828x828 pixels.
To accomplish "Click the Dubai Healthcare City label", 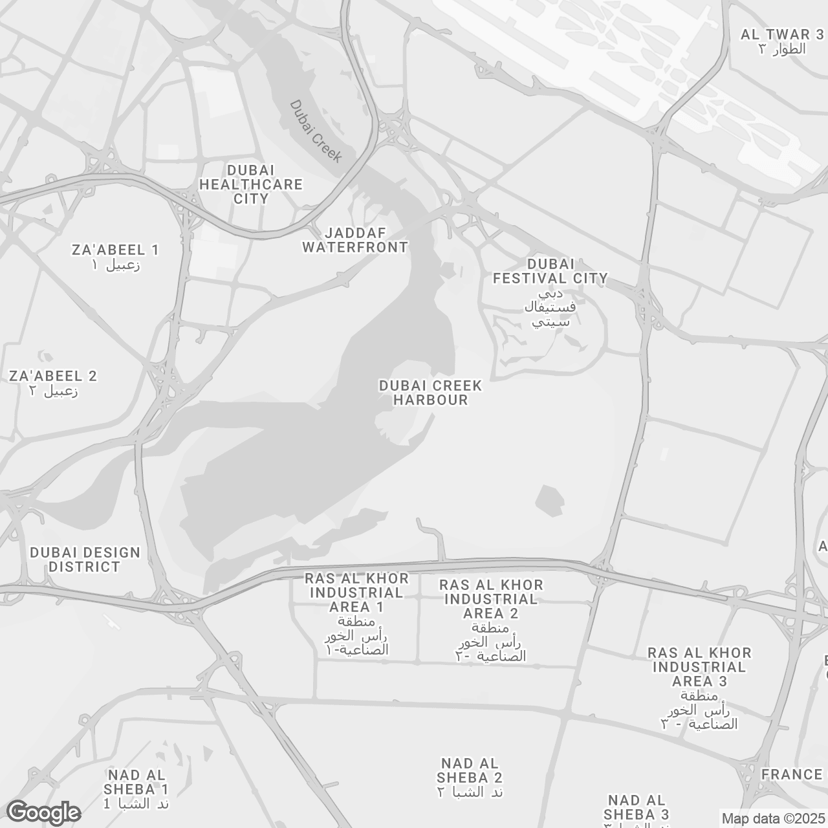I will click(x=250, y=184).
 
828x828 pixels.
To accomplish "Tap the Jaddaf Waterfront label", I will click(x=355, y=240).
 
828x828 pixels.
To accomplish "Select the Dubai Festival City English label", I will click(x=550, y=271).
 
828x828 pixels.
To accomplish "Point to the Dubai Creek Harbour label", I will click(x=431, y=393).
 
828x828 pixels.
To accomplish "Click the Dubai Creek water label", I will click(x=316, y=131).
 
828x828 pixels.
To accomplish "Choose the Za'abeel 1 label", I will click(x=116, y=250).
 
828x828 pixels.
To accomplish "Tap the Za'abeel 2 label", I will click(x=52, y=376).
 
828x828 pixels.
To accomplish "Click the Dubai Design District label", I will click(x=85, y=560).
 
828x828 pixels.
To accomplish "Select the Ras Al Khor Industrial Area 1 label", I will click(x=356, y=593).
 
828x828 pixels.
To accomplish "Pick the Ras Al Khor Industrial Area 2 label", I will click(x=491, y=599).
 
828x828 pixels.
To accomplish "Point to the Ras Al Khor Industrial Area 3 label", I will click(x=699, y=667).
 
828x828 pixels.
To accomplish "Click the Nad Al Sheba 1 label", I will click(x=136, y=782).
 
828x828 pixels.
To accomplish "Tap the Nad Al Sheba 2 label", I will click(x=470, y=770).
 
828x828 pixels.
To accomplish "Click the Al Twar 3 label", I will click(x=782, y=34).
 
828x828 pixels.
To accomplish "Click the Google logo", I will click(x=44, y=812).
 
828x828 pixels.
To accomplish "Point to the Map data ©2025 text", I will click(x=774, y=819).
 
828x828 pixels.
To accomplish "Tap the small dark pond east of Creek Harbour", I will click(x=550, y=500).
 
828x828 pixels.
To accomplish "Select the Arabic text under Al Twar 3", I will click(x=782, y=49).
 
